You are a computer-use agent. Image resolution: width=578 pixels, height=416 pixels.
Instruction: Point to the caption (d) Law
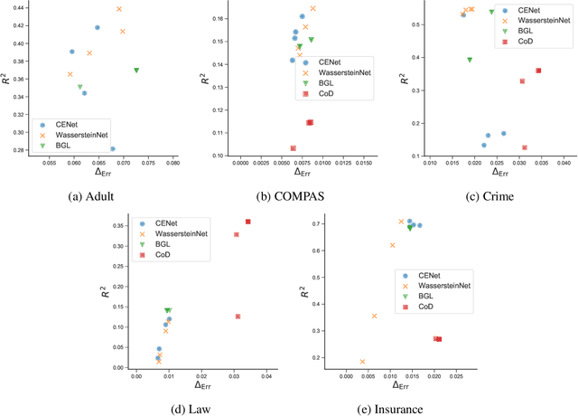(x=190, y=409)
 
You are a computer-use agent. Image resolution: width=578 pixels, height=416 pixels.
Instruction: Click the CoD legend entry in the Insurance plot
(x=423, y=307)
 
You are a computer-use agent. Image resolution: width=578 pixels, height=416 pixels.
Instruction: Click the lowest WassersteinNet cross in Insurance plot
(x=363, y=362)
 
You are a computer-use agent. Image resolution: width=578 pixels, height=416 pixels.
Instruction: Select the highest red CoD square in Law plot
(x=248, y=222)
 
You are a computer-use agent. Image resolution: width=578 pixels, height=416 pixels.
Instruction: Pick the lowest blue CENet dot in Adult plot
(x=112, y=148)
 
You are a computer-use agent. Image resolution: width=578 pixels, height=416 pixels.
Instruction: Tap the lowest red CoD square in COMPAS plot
(x=293, y=147)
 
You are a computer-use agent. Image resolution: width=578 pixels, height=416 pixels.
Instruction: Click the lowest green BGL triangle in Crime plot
(x=470, y=60)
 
